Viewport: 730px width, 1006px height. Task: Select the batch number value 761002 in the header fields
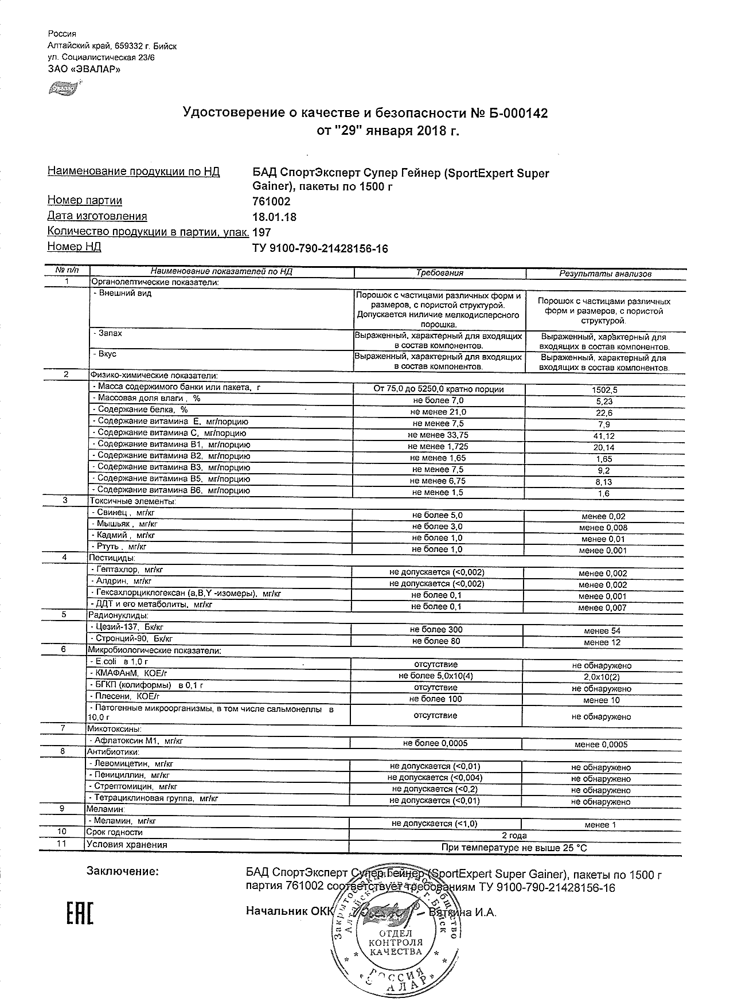(271, 201)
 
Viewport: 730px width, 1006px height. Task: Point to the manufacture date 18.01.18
(275, 217)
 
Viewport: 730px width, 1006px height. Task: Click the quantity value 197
(261, 232)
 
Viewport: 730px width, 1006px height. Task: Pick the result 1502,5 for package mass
(604, 389)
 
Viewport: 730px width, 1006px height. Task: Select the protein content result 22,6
(604, 412)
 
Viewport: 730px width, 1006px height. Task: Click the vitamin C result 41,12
(604, 436)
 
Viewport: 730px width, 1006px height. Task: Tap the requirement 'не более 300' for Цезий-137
(436, 629)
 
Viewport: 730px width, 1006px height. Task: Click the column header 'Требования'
(439, 273)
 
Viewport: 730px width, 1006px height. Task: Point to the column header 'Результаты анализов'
(605, 274)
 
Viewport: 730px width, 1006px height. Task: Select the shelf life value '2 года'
(514, 835)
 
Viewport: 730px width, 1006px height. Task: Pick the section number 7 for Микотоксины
(63, 728)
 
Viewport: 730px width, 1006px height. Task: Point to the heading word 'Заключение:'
(122, 872)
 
